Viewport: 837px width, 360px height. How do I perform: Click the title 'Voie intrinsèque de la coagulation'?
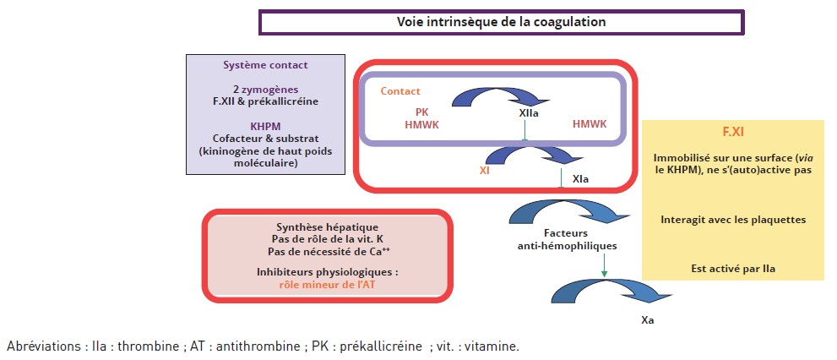(x=501, y=22)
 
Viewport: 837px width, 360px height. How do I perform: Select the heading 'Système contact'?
(x=265, y=65)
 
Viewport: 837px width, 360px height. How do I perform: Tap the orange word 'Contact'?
(x=400, y=91)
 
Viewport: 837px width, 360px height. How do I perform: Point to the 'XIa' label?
(x=581, y=180)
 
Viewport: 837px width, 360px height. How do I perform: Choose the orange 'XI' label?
(x=485, y=169)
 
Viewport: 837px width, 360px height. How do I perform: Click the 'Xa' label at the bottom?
(x=647, y=320)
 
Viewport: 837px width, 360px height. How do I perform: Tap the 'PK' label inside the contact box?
(x=421, y=111)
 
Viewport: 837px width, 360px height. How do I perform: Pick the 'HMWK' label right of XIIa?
(x=590, y=123)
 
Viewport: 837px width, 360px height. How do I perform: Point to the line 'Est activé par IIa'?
(x=733, y=270)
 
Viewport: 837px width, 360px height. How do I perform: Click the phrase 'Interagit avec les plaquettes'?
(x=733, y=220)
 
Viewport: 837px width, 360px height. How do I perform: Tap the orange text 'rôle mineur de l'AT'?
(x=327, y=285)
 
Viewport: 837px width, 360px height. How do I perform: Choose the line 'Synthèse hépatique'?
(x=327, y=227)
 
